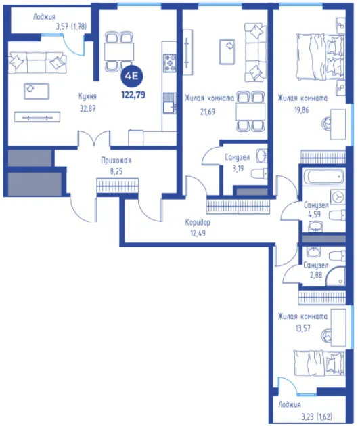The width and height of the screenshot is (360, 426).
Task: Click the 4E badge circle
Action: coord(131,77)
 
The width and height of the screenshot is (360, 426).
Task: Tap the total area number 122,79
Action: coord(133,95)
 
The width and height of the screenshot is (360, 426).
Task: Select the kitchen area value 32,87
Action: coord(88,108)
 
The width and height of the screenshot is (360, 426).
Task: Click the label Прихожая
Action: coord(116,161)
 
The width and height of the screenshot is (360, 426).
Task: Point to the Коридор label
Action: coord(198,223)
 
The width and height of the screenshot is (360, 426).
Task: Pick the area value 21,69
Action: coord(208,112)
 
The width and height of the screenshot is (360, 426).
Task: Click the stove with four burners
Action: coord(169,63)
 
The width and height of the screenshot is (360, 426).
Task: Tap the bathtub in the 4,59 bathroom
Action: coord(324,177)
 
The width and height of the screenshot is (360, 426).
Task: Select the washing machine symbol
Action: coord(338,196)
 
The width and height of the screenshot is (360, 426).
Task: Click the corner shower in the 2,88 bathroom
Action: coord(336,276)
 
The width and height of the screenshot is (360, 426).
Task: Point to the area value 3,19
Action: coord(238,169)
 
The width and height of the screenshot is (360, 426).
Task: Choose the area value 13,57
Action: coord(302,328)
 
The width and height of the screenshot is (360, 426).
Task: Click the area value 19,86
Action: coord(302,110)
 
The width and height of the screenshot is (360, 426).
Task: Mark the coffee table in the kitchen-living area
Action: coord(37,91)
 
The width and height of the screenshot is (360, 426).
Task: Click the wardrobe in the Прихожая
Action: coord(117,186)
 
